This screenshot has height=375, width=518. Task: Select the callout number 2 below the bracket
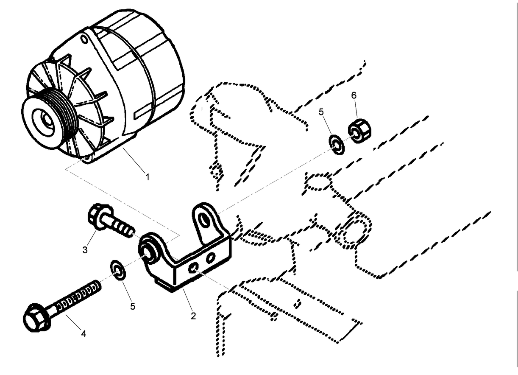coord(193,316)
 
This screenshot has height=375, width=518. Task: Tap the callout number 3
coord(85,250)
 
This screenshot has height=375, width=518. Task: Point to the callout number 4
coord(84,334)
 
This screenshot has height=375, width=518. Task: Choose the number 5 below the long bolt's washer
coord(133,306)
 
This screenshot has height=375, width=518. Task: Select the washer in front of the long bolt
coord(117,271)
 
